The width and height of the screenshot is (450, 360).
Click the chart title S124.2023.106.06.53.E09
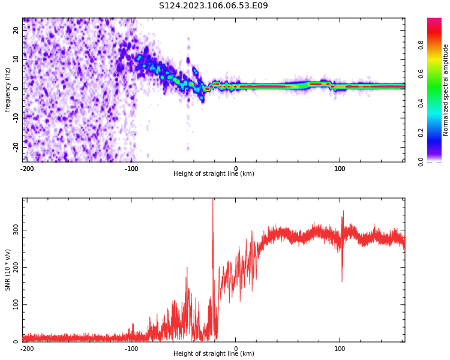(x=214, y=5)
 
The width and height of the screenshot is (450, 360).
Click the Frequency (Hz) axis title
(x=8, y=90)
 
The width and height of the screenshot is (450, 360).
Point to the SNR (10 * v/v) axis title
(x=8, y=270)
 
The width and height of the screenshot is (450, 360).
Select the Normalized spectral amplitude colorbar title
(x=446, y=90)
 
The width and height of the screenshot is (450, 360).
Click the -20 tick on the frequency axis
(x=15, y=146)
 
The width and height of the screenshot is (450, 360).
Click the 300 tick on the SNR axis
(x=13, y=230)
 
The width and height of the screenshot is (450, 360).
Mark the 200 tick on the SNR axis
(x=13, y=268)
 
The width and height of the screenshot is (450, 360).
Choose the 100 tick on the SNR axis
(x=13, y=305)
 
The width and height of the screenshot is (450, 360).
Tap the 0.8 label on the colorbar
(x=437, y=45)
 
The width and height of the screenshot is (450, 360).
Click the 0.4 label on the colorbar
(x=437, y=103)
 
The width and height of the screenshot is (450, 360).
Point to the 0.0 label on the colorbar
(x=437, y=161)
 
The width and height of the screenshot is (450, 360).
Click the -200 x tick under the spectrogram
(x=27, y=169)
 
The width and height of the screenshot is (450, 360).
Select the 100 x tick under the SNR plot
(x=340, y=348)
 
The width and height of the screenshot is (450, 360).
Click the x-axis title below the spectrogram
(x=214, y=174)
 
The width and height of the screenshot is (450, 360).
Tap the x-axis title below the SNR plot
(x=214, y=354)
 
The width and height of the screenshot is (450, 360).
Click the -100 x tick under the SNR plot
(x=131, y=348)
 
